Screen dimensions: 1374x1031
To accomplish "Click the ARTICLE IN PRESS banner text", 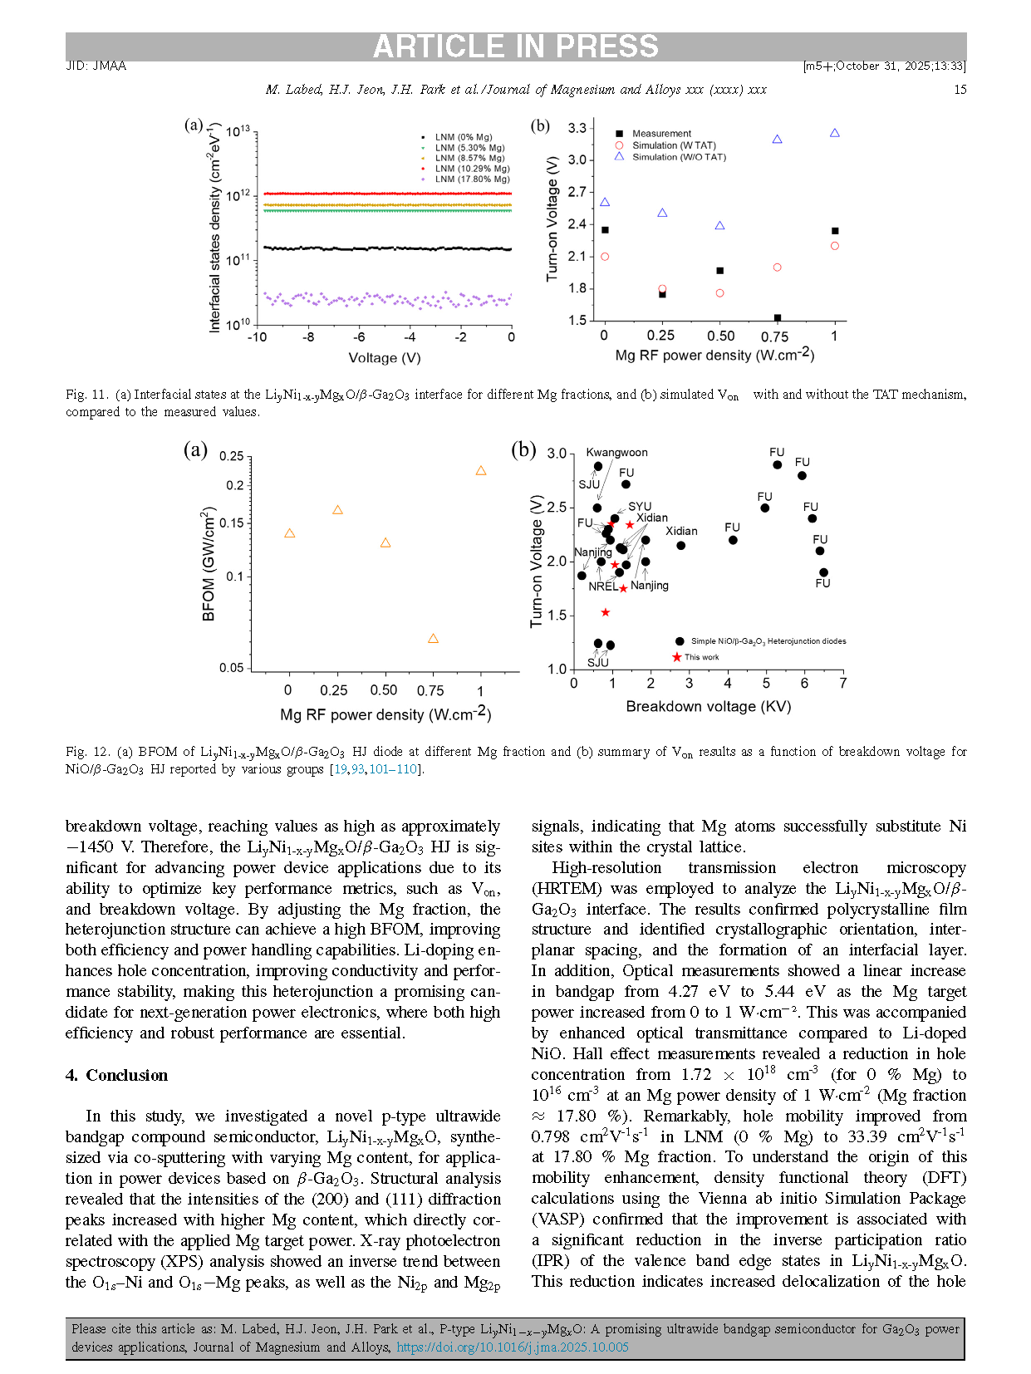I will pyautogui.click(x=515, y=47).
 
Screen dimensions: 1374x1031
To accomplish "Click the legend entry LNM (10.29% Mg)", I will pyautogui.click(x=472, y=169).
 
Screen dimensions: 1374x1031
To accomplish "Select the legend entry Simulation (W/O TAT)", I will pyautogui.click(x=679, y=157).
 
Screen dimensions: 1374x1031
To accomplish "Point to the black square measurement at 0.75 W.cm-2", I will pyautogui.click(x=778, y=318).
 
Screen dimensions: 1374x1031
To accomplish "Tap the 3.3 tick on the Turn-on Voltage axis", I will pyautogui.click(x=577, y=128).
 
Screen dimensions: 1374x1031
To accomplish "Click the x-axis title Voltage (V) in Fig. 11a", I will pyautogui.click(x=384, y=358).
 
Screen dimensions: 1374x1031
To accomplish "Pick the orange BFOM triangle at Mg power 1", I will pyautogui.click(x=480, y=471).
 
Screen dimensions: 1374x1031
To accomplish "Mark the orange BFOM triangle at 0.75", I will pyautogui.click(x=433, y=639).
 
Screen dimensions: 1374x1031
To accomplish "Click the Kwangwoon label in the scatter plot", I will pyautogui.click(x=616, y=453).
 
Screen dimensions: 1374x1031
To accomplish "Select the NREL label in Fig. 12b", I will pyautogui.click(x=602, y=586).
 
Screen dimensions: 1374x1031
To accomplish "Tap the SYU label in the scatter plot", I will pyautogui.click(x=640, y=507).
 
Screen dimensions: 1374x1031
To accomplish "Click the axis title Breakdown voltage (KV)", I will pyautogui.click(x=708, y=707).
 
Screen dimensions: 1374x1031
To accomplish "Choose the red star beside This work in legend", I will pyautogui.click(x=677, y=657).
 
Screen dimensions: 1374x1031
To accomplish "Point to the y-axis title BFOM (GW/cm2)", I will pyautogui.click(x=209, y=564).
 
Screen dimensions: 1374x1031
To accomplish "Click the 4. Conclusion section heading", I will pyautogui.click(x=116, y=1075).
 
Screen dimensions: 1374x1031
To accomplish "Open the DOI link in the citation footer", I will pyautogui.click(x=512, y=1347).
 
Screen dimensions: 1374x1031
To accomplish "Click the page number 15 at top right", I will pyautogui.click(x=960, y=90).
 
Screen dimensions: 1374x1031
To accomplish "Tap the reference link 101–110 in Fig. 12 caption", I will pyautogui.click(x=393, y=769).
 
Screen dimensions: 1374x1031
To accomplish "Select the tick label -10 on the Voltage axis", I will pyautogui.click(x=257, y=337).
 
